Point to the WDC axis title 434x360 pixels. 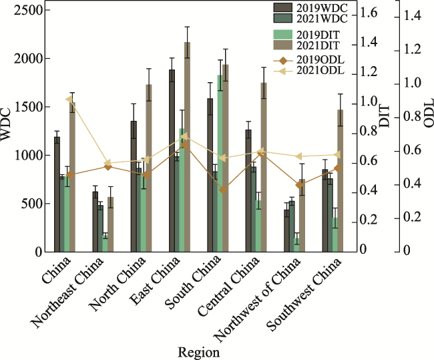point(7,127)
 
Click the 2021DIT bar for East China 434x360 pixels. point(187,147)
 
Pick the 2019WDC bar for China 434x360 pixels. point(57,194)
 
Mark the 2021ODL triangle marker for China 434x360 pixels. point(69,100)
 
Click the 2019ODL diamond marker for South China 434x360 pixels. point(224,189)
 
